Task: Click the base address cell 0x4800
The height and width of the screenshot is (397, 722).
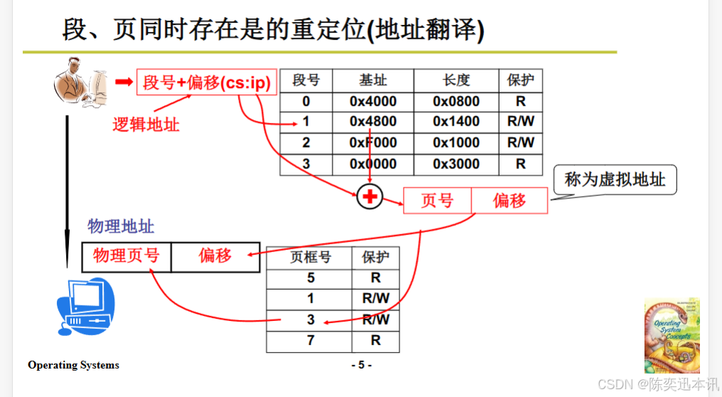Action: click(373, 121)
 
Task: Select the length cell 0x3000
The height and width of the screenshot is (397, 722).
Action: click(456, 164)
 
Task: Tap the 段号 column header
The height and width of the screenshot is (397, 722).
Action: click(306, 80)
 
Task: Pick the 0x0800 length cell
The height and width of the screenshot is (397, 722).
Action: click(456, 102)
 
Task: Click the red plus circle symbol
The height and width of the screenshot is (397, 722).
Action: click(369, 196)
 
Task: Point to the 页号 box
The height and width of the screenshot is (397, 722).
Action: click(437, 201)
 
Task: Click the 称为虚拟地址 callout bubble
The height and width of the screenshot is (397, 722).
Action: click(615, 179)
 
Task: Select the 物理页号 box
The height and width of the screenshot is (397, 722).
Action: click(126, 256)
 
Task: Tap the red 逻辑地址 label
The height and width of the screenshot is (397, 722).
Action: click(146, 125)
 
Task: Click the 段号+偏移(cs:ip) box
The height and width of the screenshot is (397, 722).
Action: click(207, 83)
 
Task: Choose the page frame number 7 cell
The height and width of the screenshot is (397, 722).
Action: click(311, 341)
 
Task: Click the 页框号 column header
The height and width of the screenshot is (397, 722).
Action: click(311, 257)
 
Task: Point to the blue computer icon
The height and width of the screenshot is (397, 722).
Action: click(85, 307)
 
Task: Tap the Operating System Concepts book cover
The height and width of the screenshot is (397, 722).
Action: click(672, 336)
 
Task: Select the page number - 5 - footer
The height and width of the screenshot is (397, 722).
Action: click(361, 365)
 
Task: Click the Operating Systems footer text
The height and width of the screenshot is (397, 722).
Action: click(74, 365)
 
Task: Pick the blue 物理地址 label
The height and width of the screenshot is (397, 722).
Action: click(121, 227)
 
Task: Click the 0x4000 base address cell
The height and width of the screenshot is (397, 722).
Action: click(373, 102)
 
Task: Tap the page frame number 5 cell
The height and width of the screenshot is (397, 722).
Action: click(311, 278)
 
